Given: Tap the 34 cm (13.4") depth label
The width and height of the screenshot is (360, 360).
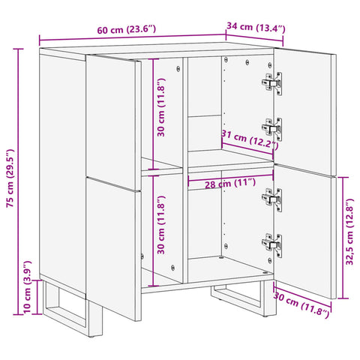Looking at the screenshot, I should pyautogui.click(x=256, y=28).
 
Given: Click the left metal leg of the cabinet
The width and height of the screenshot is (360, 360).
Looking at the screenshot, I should pyautogui.click(x=71, y=304).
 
